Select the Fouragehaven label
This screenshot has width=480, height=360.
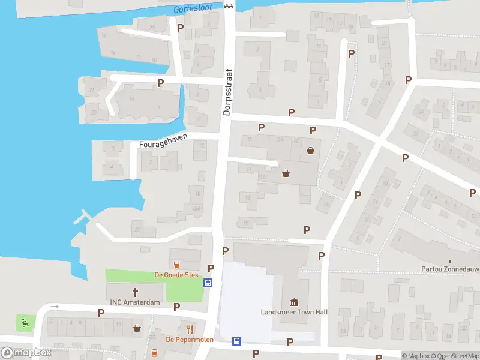click(x=163, y=140)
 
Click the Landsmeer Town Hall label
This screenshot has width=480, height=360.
click(x=293, y=312)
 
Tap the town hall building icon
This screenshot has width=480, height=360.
click(x=294, y=301)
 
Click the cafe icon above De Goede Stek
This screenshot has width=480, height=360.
click(x=176, y=265)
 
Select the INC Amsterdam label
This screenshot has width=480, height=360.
click(x=135, y=302)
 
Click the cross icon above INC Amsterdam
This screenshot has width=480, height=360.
click(x=135, y=292)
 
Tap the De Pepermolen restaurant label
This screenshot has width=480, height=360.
click(x=190, y=340)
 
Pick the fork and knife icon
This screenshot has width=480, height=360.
click(x=190, y=329)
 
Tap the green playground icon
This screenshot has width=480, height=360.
click(x=25, y=323)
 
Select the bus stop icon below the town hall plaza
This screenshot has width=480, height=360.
click(x=237, y=341)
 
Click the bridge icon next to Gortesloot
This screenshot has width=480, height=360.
click(x=228, y=6)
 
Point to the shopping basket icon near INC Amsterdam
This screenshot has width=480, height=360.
click(x=137, y=328)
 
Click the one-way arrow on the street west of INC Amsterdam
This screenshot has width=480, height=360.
click(x=55, y=307)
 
